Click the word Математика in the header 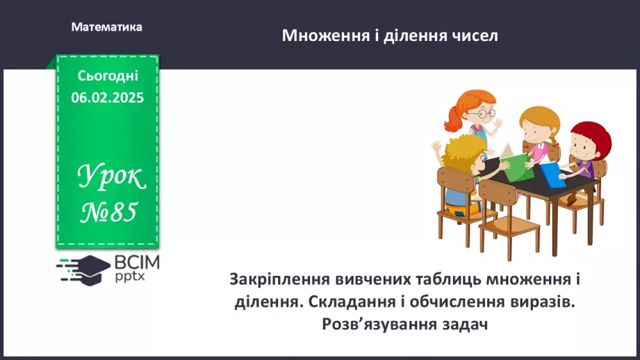tap(106, 27)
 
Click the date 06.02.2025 tap(107, 98)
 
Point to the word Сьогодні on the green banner tap(108, 76)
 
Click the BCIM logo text tap(137, 262)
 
